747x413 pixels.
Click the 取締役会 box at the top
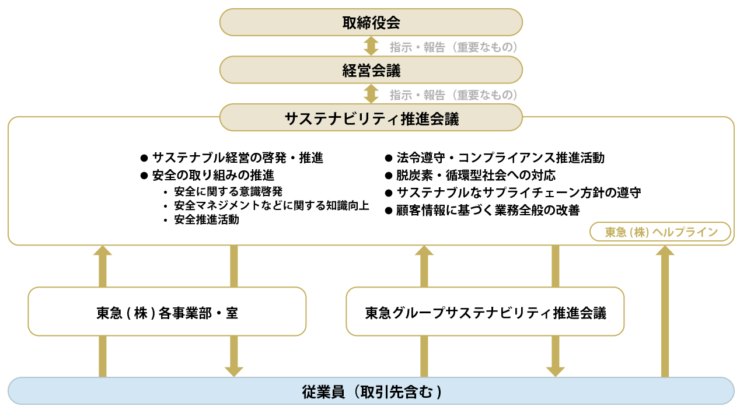pos(371,23)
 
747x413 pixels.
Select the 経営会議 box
pos(371,71)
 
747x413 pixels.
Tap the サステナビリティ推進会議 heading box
pos(371,118)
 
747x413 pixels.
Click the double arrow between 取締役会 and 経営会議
pos(371,46)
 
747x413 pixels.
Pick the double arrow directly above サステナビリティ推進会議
pos(371,94)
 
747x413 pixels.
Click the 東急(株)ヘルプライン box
pos(661,232)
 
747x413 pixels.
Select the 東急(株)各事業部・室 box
pos(167,312)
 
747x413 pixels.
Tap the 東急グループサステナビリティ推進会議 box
pos(485,312)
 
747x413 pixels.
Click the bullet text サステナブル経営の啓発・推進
pos(237,157)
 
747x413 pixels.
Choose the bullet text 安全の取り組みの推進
pos(213,175)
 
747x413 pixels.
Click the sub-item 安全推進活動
pos(207,220)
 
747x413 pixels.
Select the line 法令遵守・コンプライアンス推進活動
pos(500,157)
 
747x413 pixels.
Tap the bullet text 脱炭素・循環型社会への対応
pos(476,175)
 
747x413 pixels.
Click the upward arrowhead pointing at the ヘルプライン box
pos(665,251)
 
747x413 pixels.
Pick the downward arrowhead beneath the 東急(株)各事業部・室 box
pos(234,371)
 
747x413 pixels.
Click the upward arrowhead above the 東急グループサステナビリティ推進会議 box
pos(424,251)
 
